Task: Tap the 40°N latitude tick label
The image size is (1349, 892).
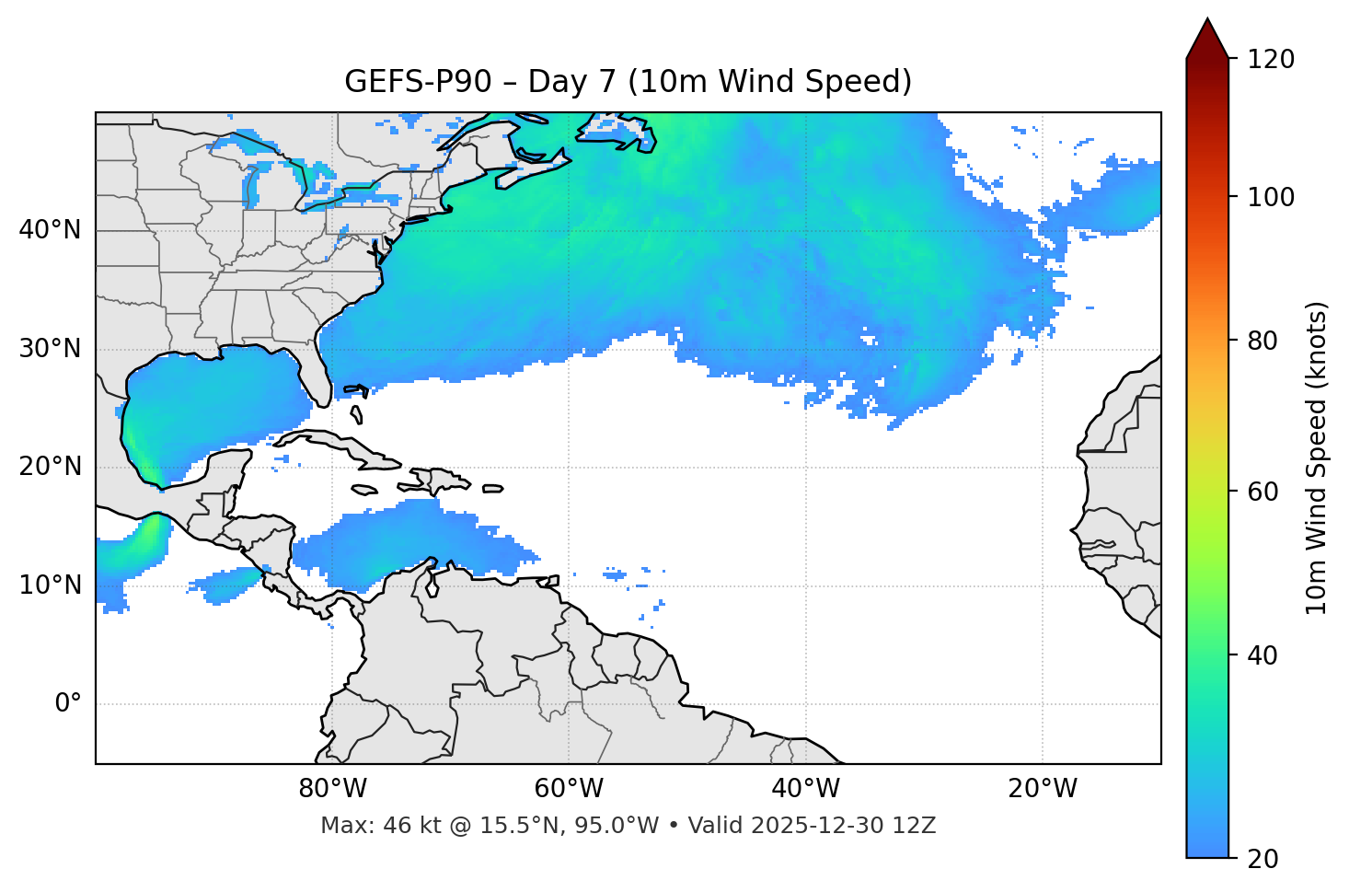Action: click(x=50, y=230)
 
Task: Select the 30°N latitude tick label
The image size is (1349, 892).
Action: click(x=50, y=349)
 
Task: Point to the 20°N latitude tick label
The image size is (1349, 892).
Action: click(x=50, y=467)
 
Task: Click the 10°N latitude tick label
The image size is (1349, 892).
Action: click(x=50, y=585)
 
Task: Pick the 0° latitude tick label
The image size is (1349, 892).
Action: click(x=68, y=704)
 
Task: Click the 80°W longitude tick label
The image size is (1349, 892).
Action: click(x=332, y=789)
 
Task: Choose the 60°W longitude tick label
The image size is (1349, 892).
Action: click(x=569, y=789)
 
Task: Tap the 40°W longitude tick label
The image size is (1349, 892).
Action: click(x=805, y=789)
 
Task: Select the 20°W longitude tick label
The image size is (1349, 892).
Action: click(x=1042, y=789)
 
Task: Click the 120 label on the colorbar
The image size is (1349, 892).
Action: click(x=1271, y=60)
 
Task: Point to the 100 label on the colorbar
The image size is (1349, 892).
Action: click(x=1271, y=197)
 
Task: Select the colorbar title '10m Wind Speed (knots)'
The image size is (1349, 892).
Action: click(x=1317, y=458)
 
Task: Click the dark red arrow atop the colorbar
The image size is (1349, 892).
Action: click(x=1207, y=40)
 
